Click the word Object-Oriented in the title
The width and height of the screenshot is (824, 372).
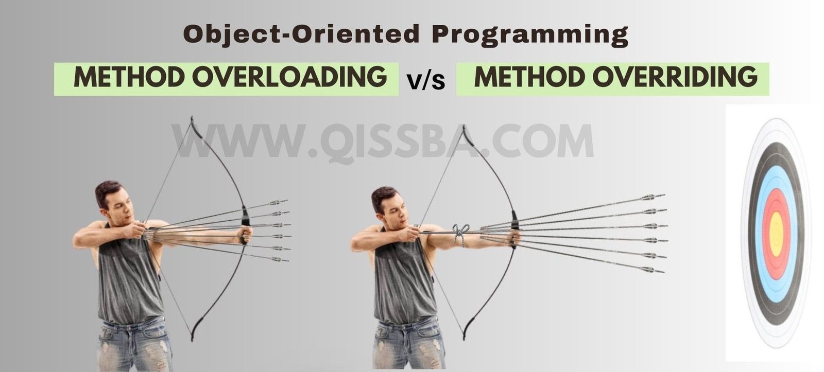coord(302,34)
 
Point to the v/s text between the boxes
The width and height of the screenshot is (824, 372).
coord(426,81)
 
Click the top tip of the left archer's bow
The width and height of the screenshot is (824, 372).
coord(192,118)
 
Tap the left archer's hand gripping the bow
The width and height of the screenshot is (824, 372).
coord(246,235)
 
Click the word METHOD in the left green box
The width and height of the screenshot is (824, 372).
coord(129,78)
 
